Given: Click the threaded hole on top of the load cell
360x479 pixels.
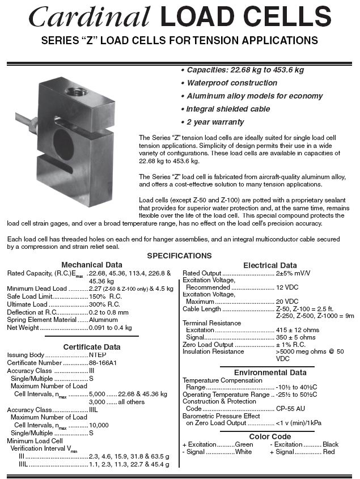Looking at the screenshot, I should tap(75, 89).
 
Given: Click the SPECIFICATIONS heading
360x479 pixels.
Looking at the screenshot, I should tap(179, 256).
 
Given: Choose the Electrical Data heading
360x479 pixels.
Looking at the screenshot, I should tap(269, 265).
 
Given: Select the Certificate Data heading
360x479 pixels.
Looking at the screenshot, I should tap(92, 347).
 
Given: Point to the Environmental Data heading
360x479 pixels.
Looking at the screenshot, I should tap(269, 372).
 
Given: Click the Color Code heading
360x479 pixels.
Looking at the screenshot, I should tap(270, 436).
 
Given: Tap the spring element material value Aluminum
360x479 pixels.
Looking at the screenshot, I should tap(103, 320).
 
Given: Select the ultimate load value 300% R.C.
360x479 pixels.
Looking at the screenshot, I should tap(105, 304).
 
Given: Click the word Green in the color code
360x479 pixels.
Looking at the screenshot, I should tap(244, 444).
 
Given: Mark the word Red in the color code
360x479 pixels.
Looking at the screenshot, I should tap(329, 452).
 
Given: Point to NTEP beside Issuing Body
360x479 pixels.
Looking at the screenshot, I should tap(98, 355).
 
